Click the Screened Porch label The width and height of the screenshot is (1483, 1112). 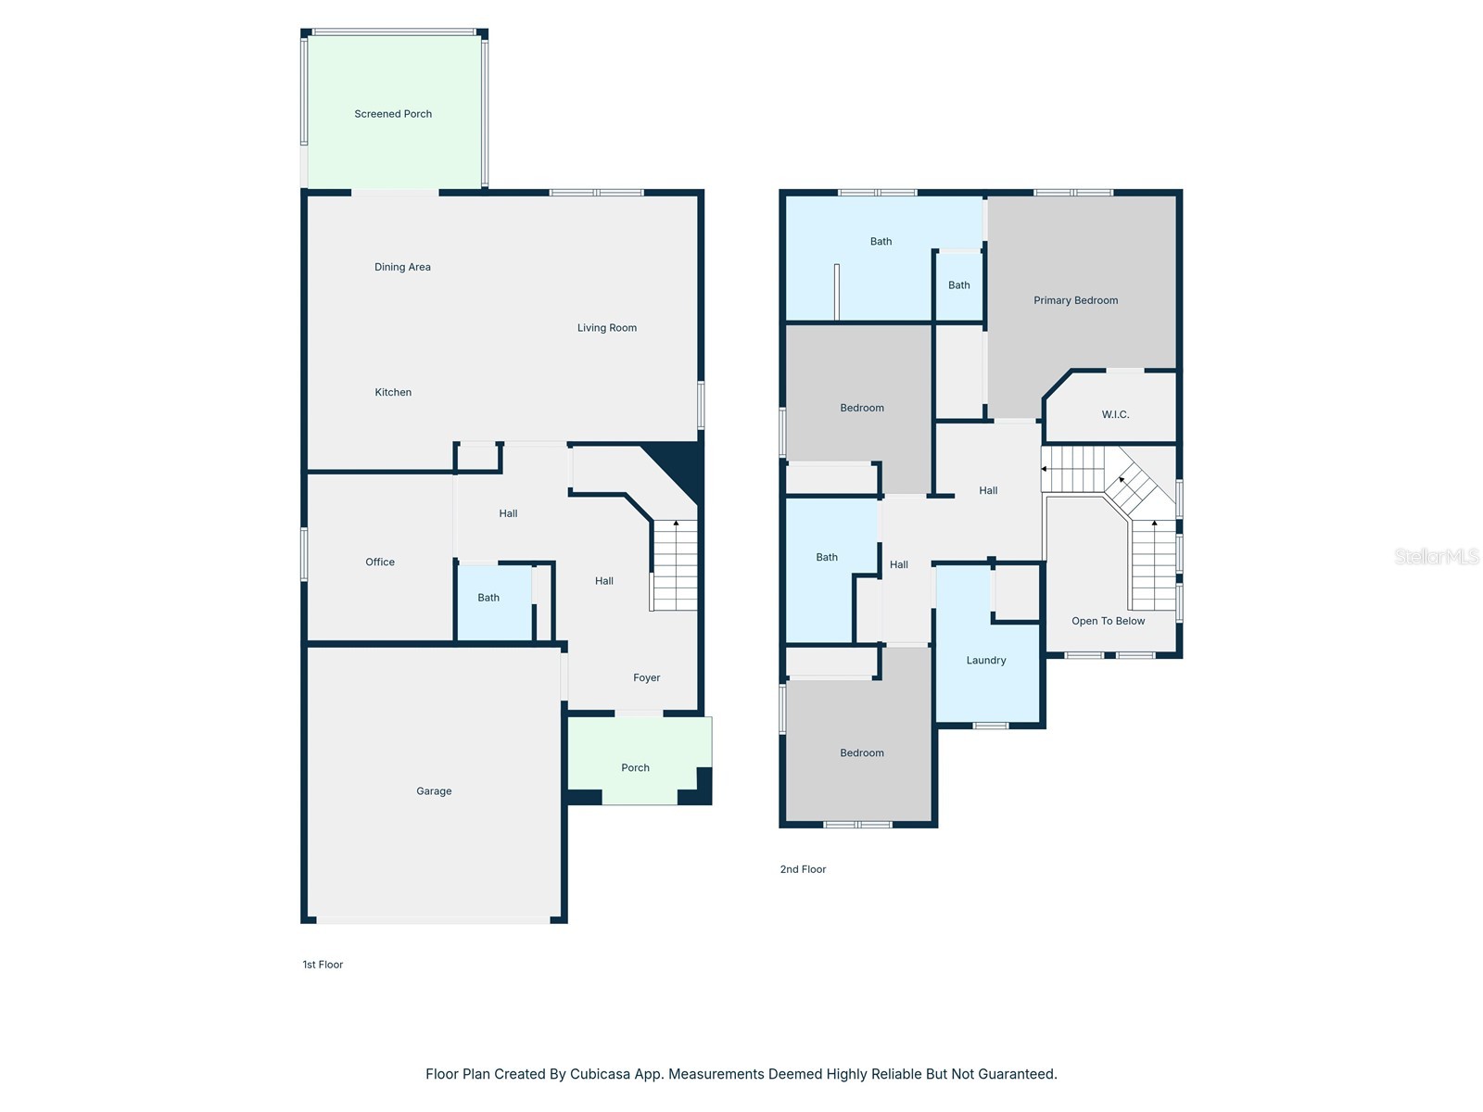tap(393, 114)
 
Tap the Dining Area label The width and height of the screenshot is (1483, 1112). tap(402, 268)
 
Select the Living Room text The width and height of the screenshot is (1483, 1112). tap(606, 328)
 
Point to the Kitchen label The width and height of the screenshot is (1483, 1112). tap(393, 392)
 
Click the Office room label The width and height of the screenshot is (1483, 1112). tap(380, 562)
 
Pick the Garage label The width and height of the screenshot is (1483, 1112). tap(434, 791)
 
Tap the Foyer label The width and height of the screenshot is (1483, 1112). tap(646, 678)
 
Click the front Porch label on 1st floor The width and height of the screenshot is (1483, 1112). tap(635, 767)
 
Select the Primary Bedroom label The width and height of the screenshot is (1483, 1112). tap(1075, 300)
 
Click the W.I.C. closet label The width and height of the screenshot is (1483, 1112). tap(1115, 414)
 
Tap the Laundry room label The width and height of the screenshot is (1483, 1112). tap(986, 661)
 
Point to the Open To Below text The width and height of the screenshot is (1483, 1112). tap(1108, 621)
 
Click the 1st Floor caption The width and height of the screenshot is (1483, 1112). tap(323, 965)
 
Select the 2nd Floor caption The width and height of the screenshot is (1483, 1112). tap(803, 869)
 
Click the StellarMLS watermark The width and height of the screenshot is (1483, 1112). tap(1437, 556)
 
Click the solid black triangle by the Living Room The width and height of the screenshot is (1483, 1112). tap(679, 466)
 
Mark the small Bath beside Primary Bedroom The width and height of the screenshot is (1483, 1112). tap(958, 285)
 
